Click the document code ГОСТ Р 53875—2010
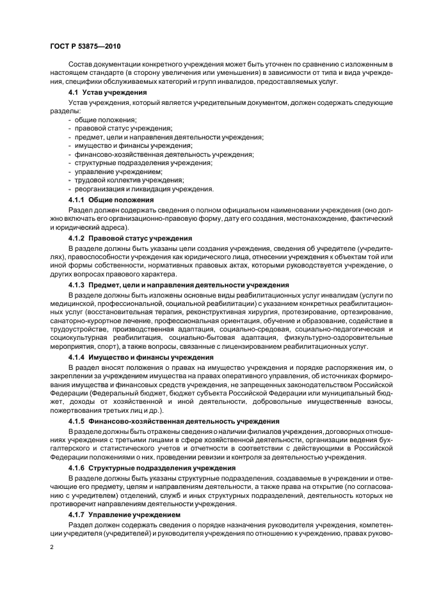click(84, 47)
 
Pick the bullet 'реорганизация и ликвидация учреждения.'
click(144, 189)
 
